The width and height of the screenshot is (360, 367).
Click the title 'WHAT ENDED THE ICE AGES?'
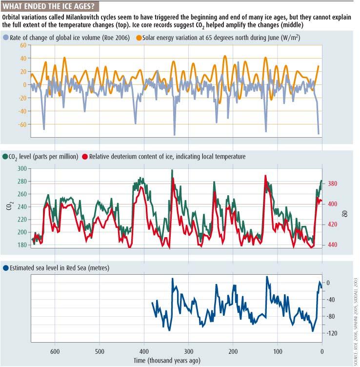click(48, 6)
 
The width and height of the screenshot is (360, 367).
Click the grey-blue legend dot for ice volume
click(6, 38)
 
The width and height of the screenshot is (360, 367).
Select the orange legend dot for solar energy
click(139, 38)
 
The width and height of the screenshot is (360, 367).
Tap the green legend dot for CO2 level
click(5, 156)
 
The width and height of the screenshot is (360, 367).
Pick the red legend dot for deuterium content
click(85, 156)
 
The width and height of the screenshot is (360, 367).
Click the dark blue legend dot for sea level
click(6, 268)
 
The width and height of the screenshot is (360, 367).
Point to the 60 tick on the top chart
click(23, 45)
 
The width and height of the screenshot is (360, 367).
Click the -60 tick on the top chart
click(22, 124)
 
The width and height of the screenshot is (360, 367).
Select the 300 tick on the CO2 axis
click(22, 168)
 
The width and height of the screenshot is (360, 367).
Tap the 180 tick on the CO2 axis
click(22, 245)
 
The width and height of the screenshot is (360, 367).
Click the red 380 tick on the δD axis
click(332, 183)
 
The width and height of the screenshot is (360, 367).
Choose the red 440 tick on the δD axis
click(332, 245)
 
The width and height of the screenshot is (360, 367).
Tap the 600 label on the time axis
click(55, 351)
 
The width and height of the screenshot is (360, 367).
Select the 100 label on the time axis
click(278, 351)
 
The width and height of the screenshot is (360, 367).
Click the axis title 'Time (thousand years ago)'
click(167, 361)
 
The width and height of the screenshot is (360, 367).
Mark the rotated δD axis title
click(346, 213)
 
